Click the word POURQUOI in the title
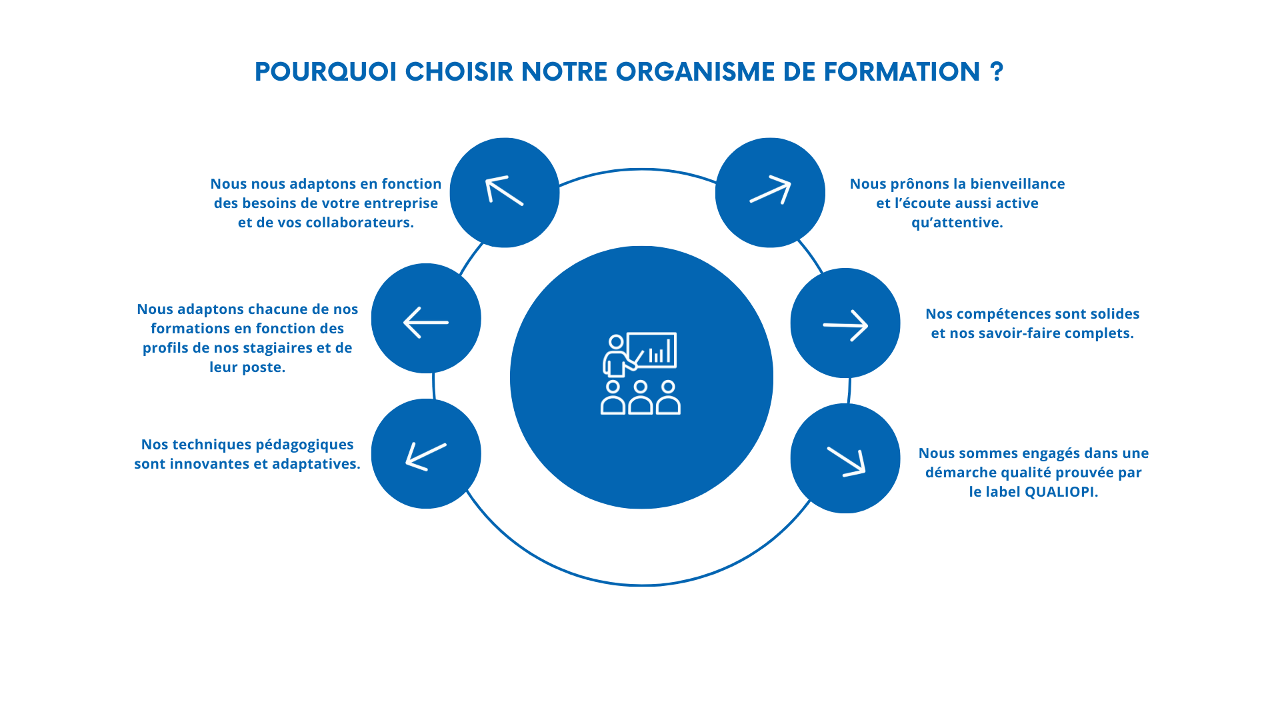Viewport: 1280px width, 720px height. tap(326, 72)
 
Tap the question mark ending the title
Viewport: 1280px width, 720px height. tap(997, 71)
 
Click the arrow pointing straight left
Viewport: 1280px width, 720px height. tap(426, 323)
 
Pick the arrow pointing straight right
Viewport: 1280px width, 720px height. tap(845, 325)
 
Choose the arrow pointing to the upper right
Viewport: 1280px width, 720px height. tap(770, 189)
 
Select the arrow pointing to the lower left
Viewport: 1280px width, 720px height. tap(426, 457)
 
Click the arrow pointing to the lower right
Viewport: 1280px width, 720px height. tap(846, 461)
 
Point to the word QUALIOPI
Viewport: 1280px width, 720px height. tap(1061, 492)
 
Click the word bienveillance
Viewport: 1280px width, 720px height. tap(1018, 184)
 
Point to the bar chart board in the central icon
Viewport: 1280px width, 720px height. tap(651, 350)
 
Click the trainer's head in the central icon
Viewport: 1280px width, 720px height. tap(616, 342)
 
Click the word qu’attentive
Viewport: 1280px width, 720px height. tap(957, 223)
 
